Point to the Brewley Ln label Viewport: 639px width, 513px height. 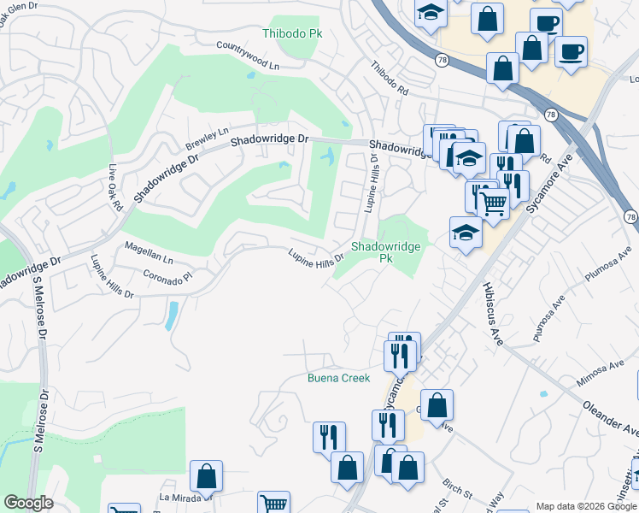click(x=208, y=137)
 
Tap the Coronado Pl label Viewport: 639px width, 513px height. click(x=168, y=277)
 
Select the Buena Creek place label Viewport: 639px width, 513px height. click(x=338, y=378)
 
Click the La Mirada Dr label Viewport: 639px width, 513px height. click(x=185, y=496)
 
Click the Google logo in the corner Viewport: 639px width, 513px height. click(x=27, y=503)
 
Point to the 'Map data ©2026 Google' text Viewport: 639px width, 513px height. click(x=586, y=506)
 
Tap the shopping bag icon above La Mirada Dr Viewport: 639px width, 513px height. click(x=206, y=475)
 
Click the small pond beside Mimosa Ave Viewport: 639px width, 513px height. click(x=542, y=395)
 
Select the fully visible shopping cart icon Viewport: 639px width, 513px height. click(x=493, y=203)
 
